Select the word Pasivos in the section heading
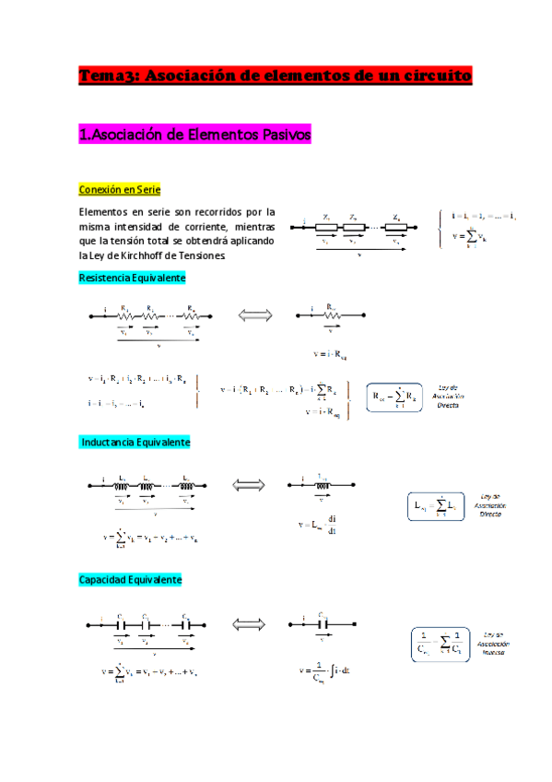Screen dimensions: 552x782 [x=281, y=136]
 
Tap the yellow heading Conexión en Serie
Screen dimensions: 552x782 [x=121, y=190]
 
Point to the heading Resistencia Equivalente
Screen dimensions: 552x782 [x=133, y=277]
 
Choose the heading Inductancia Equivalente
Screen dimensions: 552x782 [x=135, y=443]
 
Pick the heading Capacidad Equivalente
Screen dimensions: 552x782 [x=130, y=579]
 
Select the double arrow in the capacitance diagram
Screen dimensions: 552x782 [x=249, y=624]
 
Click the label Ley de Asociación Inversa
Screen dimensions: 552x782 [x=499, y=644]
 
